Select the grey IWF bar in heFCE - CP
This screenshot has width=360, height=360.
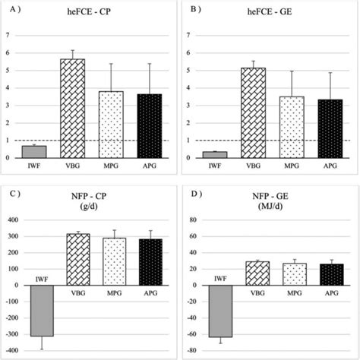(33, 152)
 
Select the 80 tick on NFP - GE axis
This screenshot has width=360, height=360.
(192, 220)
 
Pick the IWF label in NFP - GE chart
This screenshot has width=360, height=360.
(220, 280)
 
